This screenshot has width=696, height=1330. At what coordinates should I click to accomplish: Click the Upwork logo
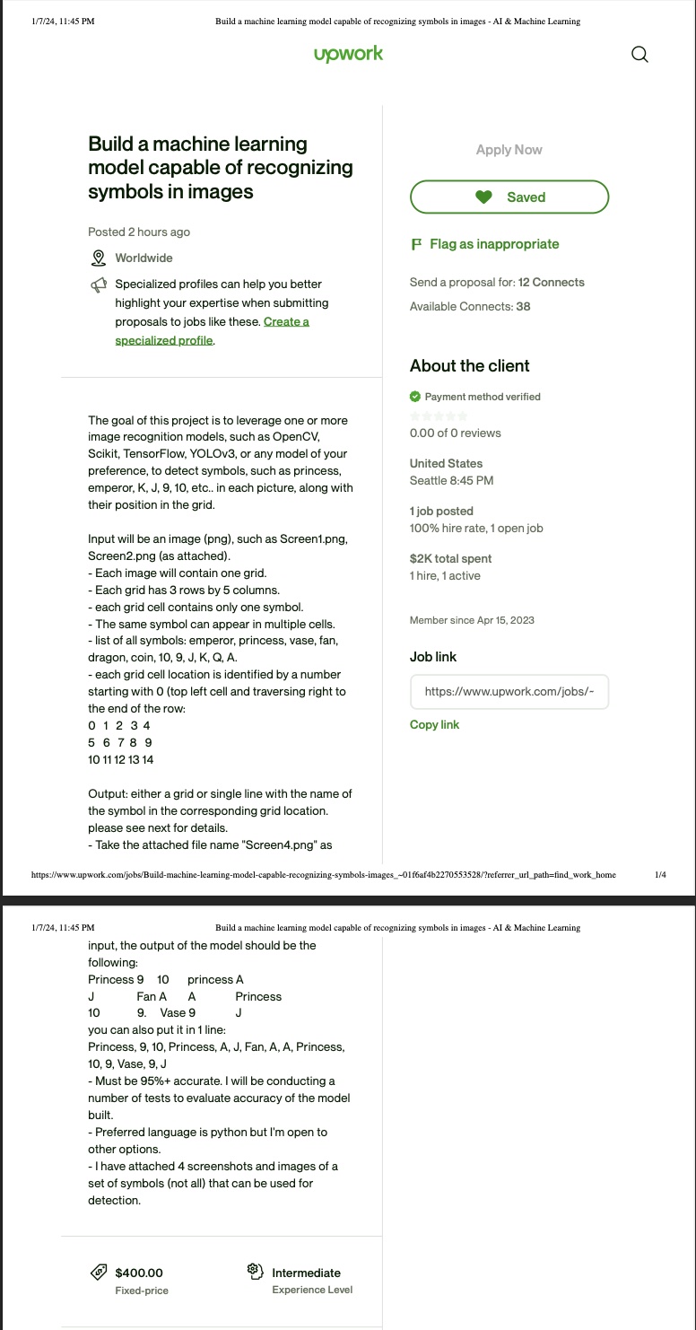point(348,54)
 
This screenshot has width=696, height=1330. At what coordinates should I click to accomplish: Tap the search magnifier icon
point(639,55)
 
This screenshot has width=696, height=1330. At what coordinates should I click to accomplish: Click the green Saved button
point(509,197)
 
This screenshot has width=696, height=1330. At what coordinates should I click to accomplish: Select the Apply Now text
point(509,150)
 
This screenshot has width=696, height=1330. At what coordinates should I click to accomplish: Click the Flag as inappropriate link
point(493,244)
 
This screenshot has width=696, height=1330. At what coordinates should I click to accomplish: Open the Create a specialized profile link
point(286,322)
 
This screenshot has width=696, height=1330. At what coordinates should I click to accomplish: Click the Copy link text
point(434,725)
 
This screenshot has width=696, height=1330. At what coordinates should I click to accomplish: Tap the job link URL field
point(509,692)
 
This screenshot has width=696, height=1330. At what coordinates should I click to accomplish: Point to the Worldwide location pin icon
point(99,258)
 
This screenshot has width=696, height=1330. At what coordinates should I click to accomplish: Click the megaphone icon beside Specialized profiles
point(99,285)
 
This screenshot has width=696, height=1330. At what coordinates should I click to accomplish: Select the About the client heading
point(470,366)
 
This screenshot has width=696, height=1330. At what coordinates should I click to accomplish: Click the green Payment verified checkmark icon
point(415,397)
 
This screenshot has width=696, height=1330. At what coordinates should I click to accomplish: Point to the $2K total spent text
point(450,558)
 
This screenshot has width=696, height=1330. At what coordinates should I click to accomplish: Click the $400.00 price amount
point(139,1273)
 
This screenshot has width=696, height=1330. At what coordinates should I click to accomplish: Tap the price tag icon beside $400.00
point(99,1273)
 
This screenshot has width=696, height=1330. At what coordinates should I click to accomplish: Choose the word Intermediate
point(306,1273)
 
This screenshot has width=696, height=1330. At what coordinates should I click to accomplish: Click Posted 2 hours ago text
point(139,232)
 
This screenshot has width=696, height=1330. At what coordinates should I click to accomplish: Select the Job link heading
point(433,657)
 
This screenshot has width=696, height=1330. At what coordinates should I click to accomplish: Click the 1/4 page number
point(660,874)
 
